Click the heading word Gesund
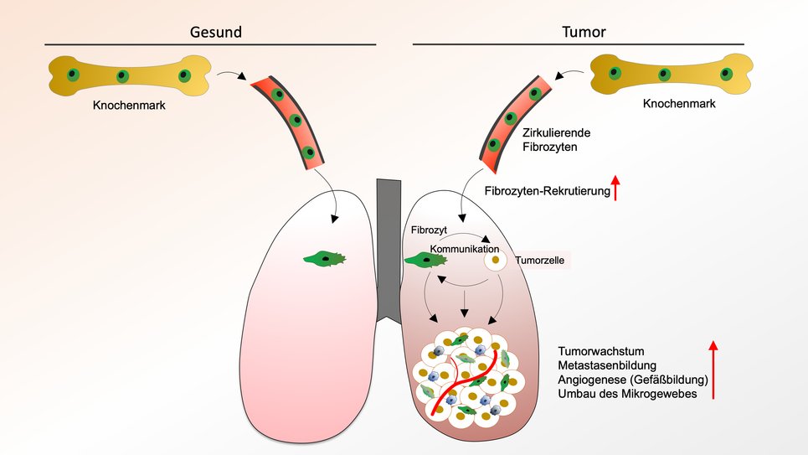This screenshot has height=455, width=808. coord(217,33)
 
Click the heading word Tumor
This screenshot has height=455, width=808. coord(583,33)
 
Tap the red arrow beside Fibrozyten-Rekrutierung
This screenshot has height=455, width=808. coord(616,188)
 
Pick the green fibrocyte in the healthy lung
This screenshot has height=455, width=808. coord(324,259)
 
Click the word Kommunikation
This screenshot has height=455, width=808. coord(464,250)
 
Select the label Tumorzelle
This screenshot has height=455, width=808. coord(539,261)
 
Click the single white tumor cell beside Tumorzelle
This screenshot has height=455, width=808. coord(496,261)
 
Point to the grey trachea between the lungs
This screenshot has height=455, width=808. coord(389,243)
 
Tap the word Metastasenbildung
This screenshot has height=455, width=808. coord(607,365)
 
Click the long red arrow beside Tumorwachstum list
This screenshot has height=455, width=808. coord(713,370)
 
